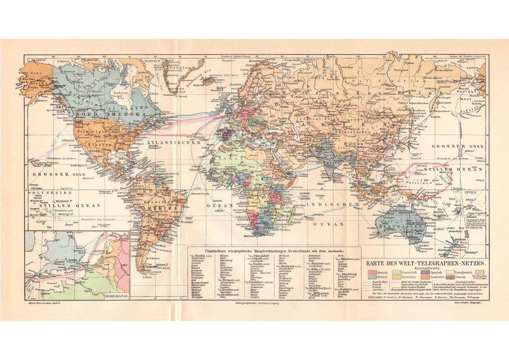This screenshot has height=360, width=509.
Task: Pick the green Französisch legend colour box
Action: tap(396, 272)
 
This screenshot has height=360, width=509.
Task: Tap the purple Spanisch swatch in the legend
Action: tap(425, 272)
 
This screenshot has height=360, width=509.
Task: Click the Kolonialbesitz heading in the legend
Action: tap(426, 268)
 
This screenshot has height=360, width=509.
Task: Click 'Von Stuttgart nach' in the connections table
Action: tap(348, 289)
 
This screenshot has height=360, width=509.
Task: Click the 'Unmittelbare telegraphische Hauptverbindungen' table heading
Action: tap(274, 251)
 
